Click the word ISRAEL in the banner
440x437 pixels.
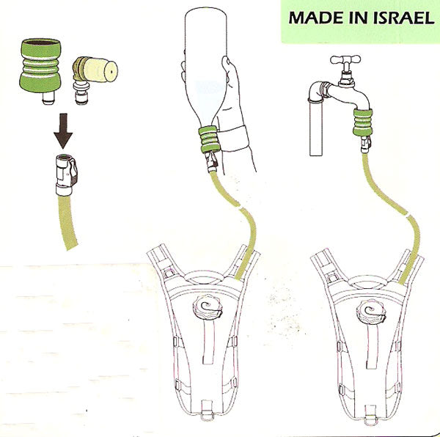(404, 18)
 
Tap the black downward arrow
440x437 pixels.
(63, 131)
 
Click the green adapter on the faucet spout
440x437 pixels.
(363, 122)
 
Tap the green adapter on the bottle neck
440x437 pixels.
(208, 139)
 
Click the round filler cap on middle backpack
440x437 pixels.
(208, 307)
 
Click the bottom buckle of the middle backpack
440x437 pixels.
(208, 411)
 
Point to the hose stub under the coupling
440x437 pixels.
(67, 222)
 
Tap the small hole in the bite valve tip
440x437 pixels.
(111, 72)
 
